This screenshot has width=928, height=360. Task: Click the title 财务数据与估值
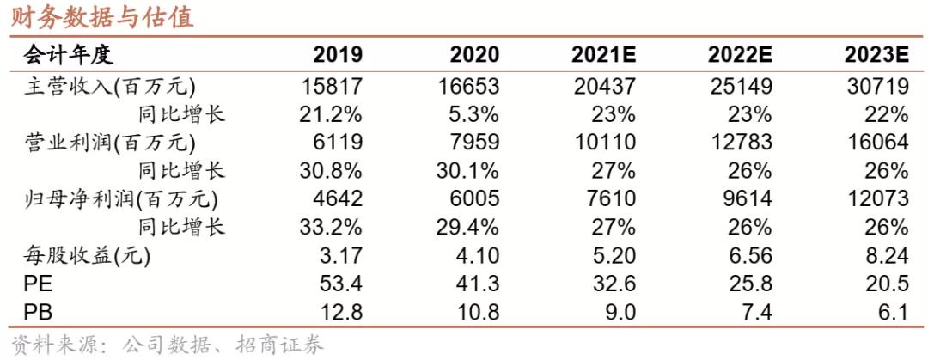pos(102,17)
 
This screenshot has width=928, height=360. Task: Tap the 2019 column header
pos(338,56)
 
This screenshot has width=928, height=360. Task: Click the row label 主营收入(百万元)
pos(108,86)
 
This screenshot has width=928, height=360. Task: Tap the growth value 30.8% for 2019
pos(331,170)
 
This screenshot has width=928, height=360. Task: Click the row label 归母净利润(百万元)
pos(119,198)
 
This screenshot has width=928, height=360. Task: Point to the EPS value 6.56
pos(748,255)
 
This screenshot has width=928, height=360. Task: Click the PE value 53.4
pos(340,283)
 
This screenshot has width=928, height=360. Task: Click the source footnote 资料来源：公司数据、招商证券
pos(167,345)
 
